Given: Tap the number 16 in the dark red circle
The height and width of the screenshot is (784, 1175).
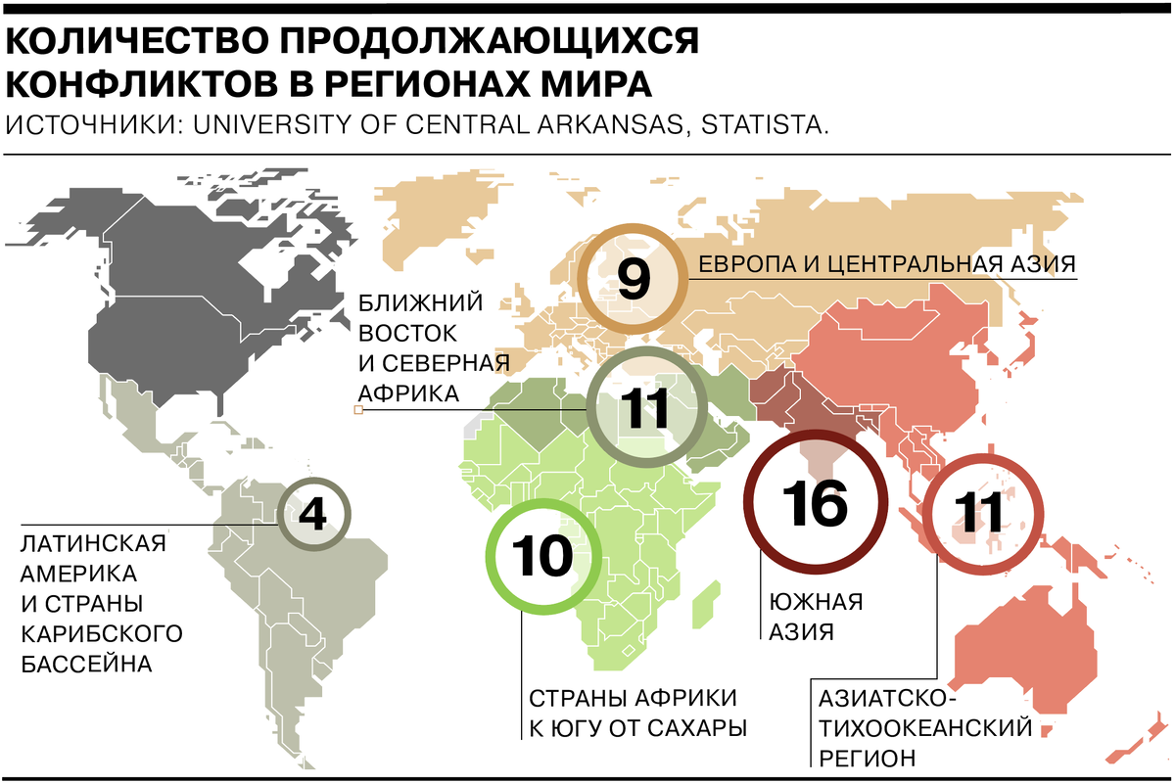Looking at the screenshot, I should pyautogui.click(x=815, y=502).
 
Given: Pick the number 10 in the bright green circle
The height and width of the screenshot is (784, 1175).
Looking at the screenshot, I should pyautogui.click(x=542, y=557).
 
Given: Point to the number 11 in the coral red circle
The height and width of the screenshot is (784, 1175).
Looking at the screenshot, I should pyautogui.click(x=979, y=513).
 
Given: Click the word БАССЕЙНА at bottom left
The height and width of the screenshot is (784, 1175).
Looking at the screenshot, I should pyautogui.click(x=87, y=665).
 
